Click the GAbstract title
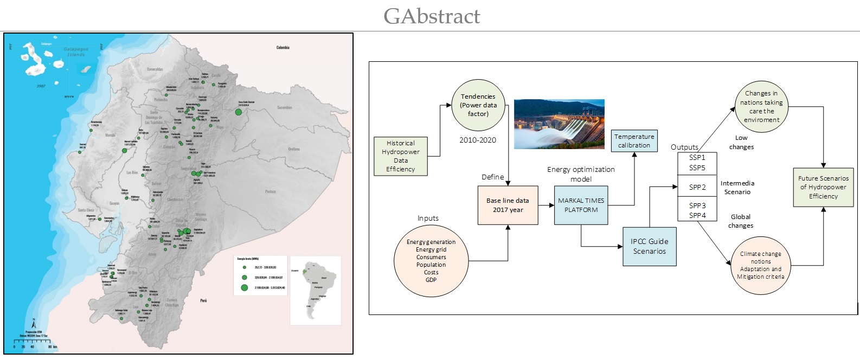pos(432,16)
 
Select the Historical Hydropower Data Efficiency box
pos(401,156)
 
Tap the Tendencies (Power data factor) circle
pos(478,105)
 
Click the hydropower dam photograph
pos(559,124)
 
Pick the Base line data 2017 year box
pos(508,205)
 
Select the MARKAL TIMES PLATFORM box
pos(581,205)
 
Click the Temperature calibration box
pos(634,141)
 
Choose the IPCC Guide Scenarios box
pos(649,246)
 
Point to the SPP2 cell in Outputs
pos(697,187)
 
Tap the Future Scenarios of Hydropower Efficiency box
pos(823,187)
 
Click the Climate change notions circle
pos(760,265)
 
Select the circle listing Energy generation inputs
pos(431,261)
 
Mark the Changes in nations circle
pos(761,106)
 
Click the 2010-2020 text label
pos(477,140)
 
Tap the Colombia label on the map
pos(283,48)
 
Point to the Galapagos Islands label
pos(75,52)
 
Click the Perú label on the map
pos(203,300)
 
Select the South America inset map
pos(316,290)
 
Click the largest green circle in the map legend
pos(245,288)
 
